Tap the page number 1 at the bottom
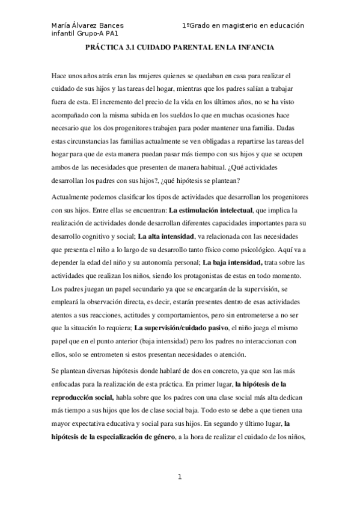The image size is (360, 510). (179, 478)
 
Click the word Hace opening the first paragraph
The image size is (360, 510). (61, 76)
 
